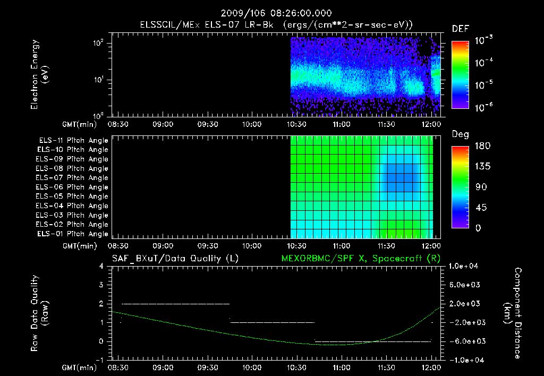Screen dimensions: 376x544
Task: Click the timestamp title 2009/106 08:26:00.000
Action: coord(271,13)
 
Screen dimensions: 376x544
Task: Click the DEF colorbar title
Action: coord(460,29)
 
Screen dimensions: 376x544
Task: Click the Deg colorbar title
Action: coord(460,134)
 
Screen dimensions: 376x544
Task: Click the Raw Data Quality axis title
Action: coord(39,313)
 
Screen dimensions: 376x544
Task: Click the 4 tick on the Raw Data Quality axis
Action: coord(100,266)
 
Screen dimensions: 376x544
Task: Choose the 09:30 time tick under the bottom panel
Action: coord(207,367)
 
